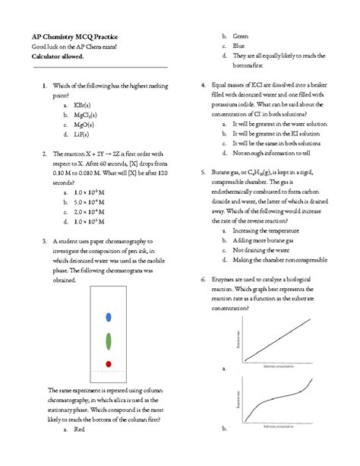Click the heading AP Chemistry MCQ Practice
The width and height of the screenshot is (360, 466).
point(74,36)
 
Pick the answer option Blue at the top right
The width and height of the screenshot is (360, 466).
point(238,46)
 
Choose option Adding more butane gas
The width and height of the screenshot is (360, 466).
point(267,239)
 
